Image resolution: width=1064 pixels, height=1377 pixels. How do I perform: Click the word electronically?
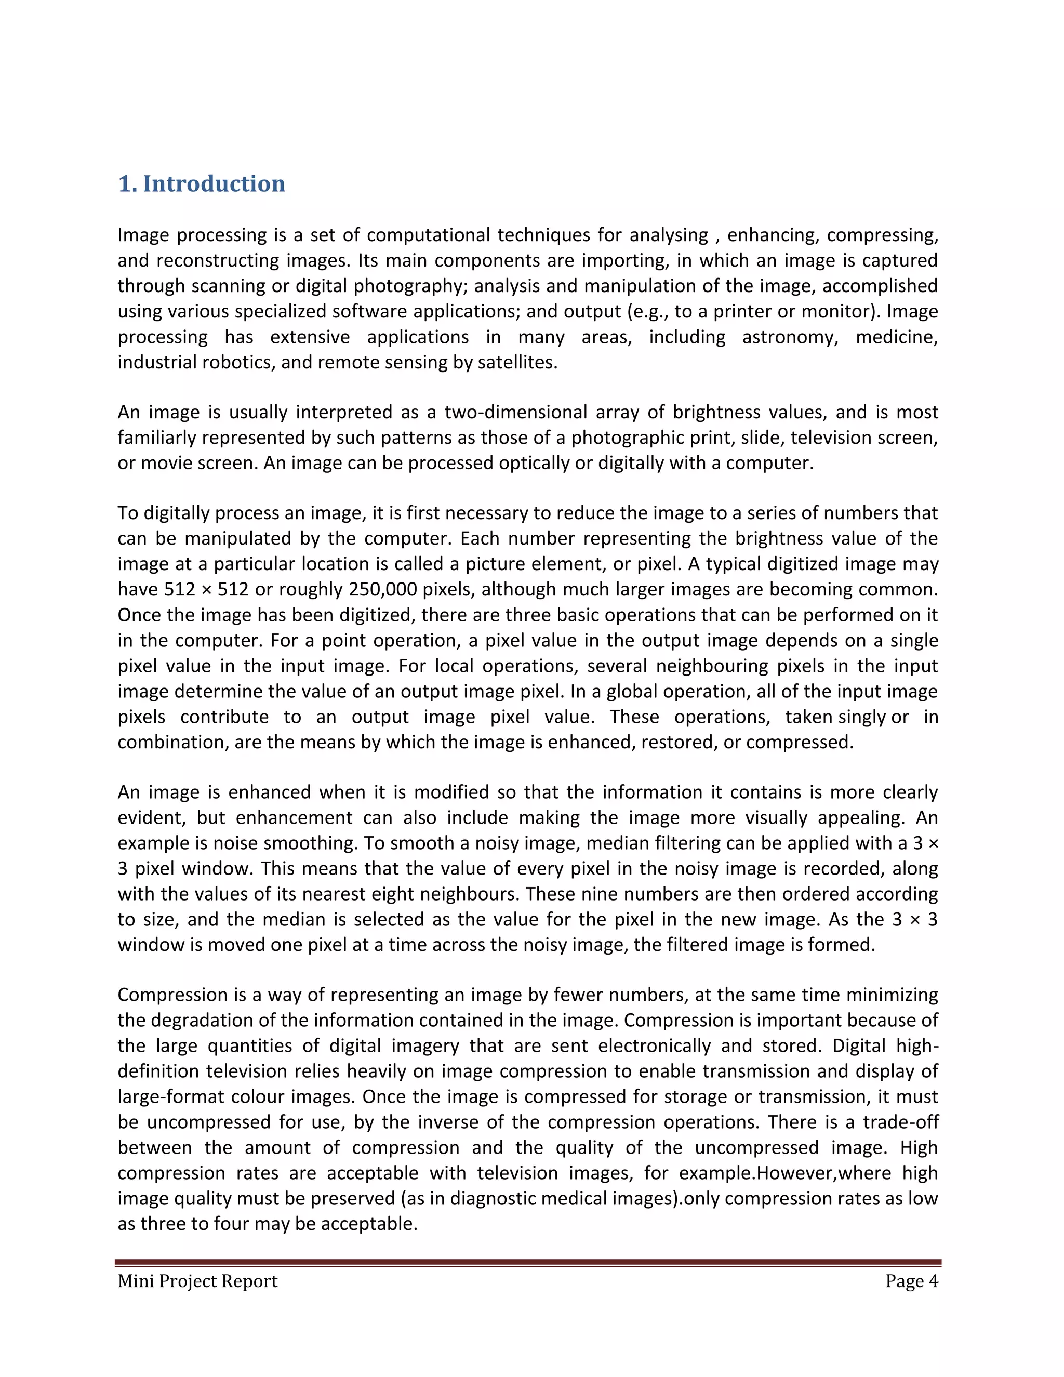tap(655, 1046)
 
